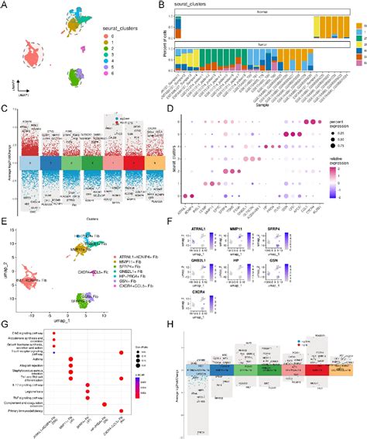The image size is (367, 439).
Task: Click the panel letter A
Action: (x=5, y=5)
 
